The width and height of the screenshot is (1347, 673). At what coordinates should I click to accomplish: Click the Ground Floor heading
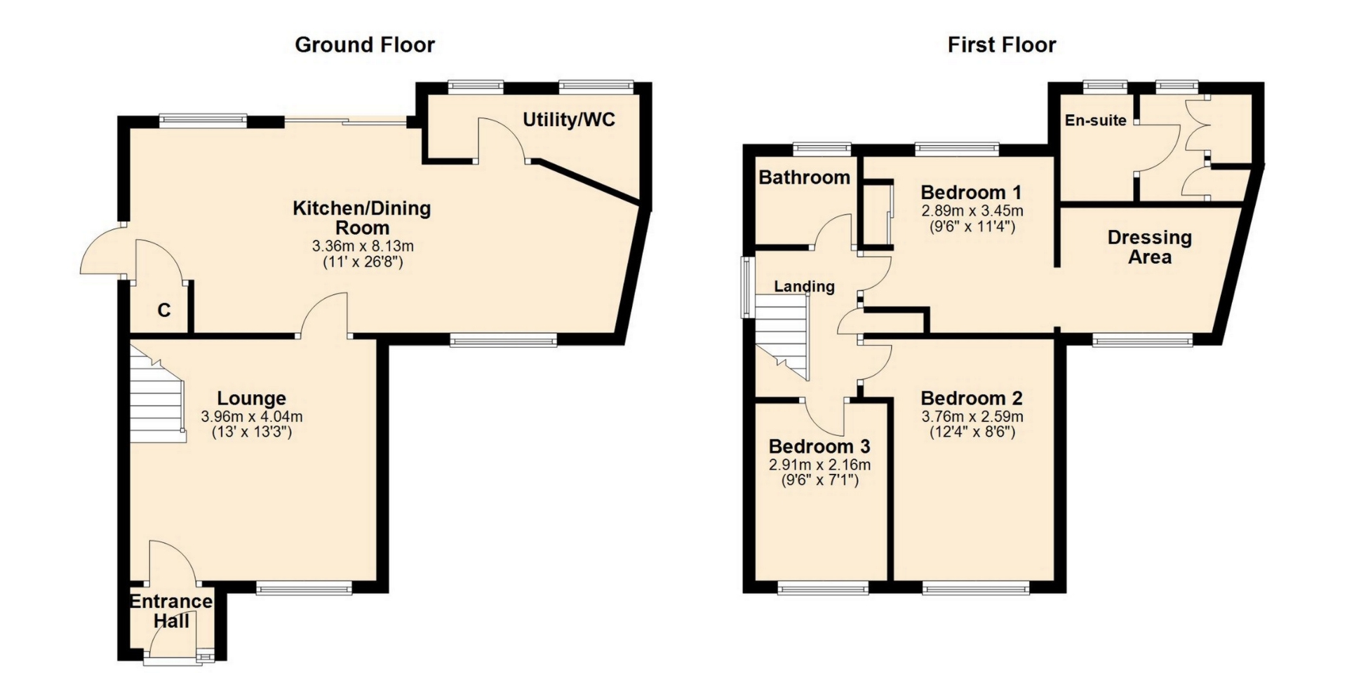pyautogui.click(x=365, y=45)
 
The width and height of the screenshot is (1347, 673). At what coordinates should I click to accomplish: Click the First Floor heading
pyautogui.click(x=1002, y=45)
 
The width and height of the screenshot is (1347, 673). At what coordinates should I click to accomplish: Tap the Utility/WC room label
pyautogui.click(x=569, y=120)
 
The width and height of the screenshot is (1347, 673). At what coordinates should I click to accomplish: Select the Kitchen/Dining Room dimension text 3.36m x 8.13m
pyautogui.click(x=363, y=246)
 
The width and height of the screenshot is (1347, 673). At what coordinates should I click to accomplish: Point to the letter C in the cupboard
pyautogui.click(x=163, y=310)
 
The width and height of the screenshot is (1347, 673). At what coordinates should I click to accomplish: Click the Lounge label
pyautogui.click(x=252, y=398)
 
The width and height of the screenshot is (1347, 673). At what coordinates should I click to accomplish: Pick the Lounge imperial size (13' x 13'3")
pyautogui.click(x=252, y=432)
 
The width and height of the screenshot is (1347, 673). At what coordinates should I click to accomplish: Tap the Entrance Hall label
pyautogui.click(x=171, y=611)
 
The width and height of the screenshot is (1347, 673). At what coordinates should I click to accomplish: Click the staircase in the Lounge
pyautogui.click(x=159, y=396)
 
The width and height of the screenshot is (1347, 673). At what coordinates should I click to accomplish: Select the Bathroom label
pyautogui.click(x=804, y=177)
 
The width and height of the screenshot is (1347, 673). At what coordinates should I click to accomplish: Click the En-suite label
pyautogui.click(x=1096, y=121)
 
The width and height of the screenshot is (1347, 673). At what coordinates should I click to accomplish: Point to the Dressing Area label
pyautogui.click(x=1150, y=247)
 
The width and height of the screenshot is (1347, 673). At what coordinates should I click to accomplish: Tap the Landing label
pyautogui.click(x=805, y=286)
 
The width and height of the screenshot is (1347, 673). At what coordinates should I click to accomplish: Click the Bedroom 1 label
pyautogui.click(x=971, y=192)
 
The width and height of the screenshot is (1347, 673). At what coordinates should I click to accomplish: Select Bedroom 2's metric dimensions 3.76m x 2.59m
pyautogui.click(x=972, y=416)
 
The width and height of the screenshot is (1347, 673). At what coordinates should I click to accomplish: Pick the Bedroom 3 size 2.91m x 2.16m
pyautogui.click(x=820, y=465)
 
